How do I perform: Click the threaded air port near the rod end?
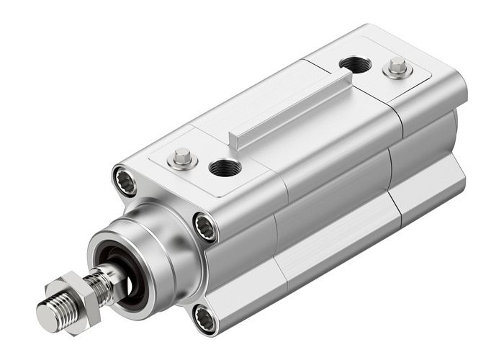coord(225,167)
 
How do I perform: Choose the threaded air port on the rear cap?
coord(355,65)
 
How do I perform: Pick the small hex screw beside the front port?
coord(182,157)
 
